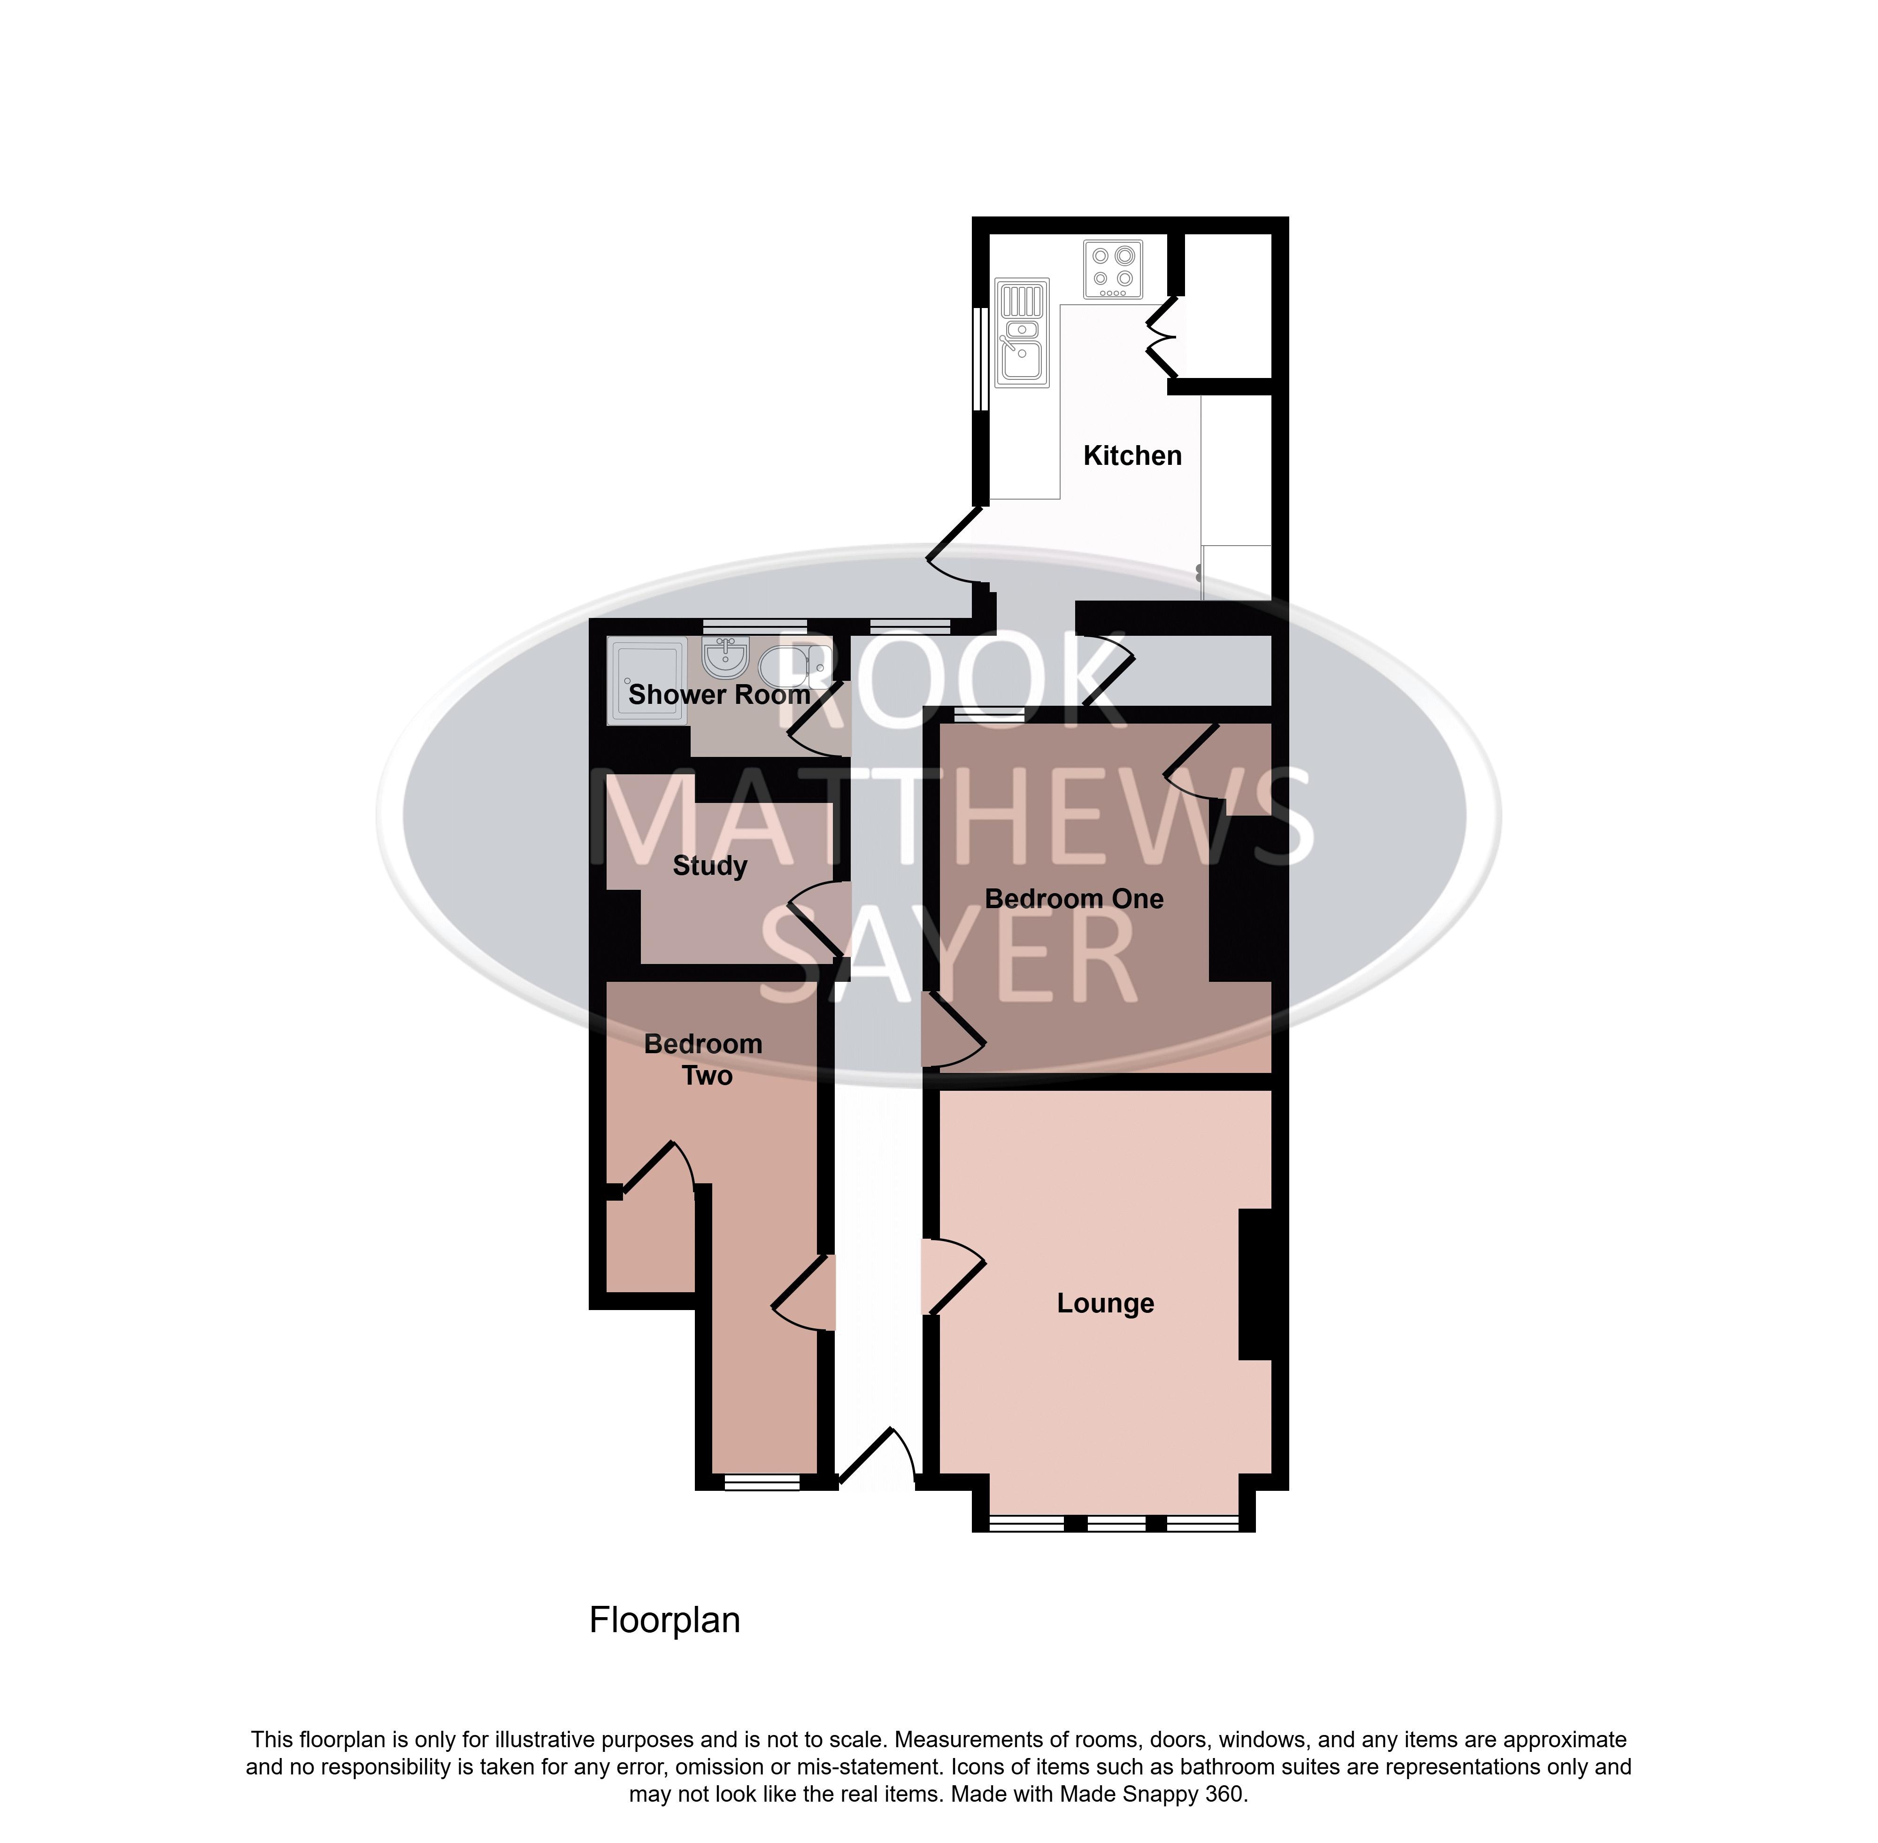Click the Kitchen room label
pos(1131,456)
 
